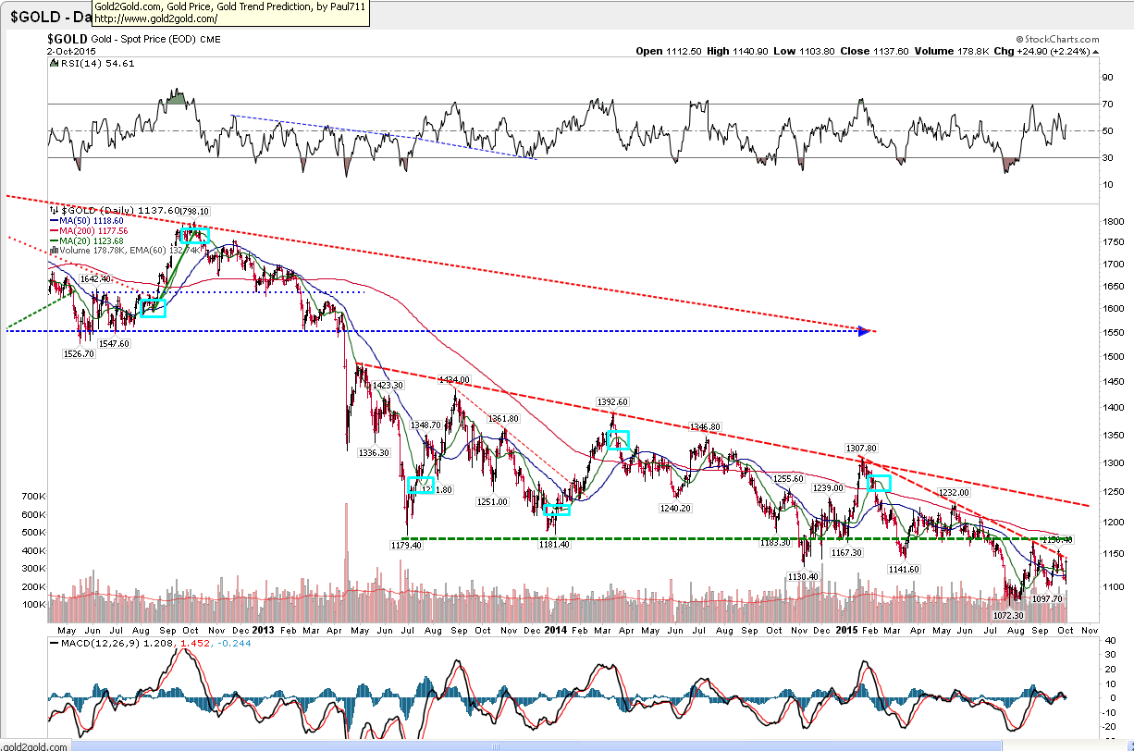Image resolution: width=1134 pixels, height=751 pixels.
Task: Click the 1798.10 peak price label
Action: coord(194,211)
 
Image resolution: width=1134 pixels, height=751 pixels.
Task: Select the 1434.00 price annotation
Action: coord(454,379)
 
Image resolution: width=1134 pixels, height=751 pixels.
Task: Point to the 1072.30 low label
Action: coord(1008,615)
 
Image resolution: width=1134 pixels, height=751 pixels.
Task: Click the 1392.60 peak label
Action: coord(612,402)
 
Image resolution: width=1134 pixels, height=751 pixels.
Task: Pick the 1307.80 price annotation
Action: coord(860,448)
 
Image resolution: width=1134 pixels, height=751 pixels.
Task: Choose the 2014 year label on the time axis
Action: coord(555,630)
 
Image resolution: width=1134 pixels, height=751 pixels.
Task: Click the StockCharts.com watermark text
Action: coord(1057,41)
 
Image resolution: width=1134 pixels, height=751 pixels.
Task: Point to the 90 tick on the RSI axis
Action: coord(1105,78)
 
